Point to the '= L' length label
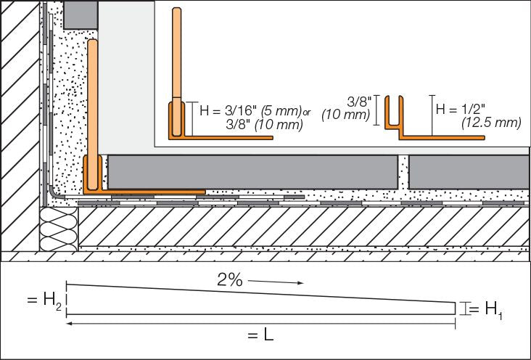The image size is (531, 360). click(258, 336)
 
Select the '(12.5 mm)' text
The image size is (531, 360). click(490, 123)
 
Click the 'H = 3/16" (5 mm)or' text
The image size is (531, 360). click(242, 110)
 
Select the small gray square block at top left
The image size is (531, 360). click(80, 14)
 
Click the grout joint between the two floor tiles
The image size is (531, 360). click(403, 172)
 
